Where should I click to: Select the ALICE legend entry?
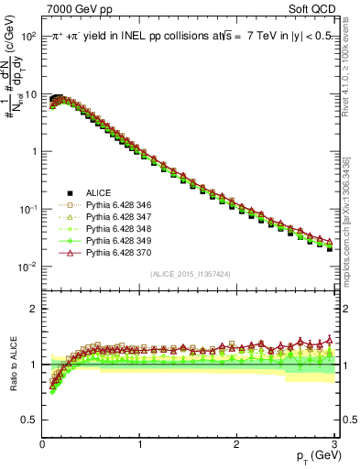tap(99, 192)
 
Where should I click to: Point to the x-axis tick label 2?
tap(236, 443)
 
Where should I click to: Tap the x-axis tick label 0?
tap(42, 443)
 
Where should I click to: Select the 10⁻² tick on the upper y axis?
tap(28, 267)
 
